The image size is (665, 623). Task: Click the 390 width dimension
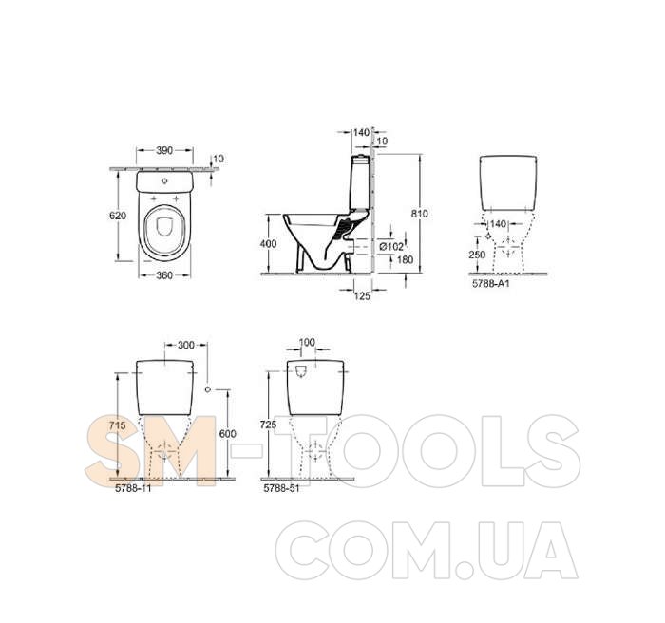pyautogui.click(x=164, y=150)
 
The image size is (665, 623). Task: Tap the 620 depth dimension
pyautogui.click(x=118, y=216)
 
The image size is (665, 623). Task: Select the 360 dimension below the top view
pyautogui.click(x=164, y=275)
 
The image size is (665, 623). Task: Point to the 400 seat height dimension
pyautogui.click(x=268, y=244)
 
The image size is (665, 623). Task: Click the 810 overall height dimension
pyautogui.click(x=420, y=214)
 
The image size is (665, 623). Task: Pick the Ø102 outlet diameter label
pyautogui.click(x=391, y=246)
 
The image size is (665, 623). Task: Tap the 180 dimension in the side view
pyautogui.click(x=405, y=259)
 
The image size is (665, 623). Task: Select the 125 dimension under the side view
pyautogui.click(x=362, y=295)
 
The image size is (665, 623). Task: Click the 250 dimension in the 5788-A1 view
pyautogui.click(x=477, y=255)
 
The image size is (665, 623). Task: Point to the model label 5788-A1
pyautogui.click(x=491, y=283)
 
